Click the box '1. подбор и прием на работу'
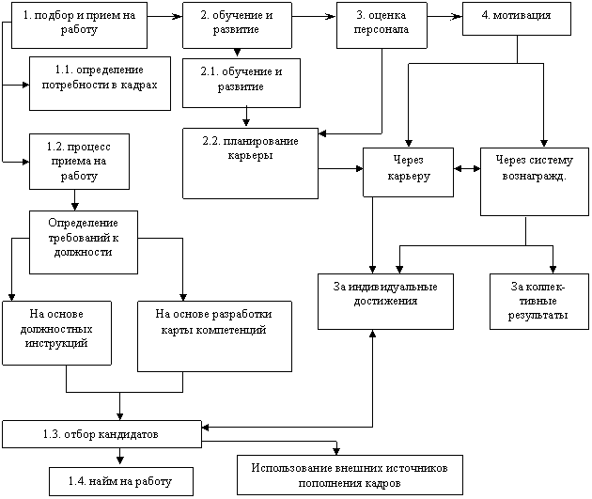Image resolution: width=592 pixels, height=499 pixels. tap(79, 25)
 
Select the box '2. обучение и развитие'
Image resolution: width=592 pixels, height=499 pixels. tap(237, 25)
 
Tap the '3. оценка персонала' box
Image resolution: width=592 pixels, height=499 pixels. tap(382, 25)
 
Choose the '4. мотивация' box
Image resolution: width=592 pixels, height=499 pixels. tap(517, 19)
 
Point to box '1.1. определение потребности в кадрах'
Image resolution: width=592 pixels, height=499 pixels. tap(100, 84)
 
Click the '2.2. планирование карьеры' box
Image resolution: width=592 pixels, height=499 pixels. tap(250, 164)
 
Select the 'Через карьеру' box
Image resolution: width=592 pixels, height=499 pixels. tap(408, 172)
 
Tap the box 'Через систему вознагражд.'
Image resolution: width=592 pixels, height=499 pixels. tap(535, 181)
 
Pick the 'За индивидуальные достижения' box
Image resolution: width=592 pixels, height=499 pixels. tap(385, 302)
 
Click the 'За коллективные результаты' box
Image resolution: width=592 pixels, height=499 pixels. tap(539, 302)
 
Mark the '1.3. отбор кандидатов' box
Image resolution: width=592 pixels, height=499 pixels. tap(101, 434)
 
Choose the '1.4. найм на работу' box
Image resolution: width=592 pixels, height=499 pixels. tap(121, 482)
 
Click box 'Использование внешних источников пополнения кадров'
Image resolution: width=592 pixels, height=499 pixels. tap(350, 475)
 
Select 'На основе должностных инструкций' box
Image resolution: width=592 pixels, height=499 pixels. tap(56, 333)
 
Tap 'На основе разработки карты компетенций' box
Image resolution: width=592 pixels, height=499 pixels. tap(214, 336)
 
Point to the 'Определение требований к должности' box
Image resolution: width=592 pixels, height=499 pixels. tap(84, 242)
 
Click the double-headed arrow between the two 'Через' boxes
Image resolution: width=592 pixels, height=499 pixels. tap(467, 169)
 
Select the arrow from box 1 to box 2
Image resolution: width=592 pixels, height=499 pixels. tap(165, 16)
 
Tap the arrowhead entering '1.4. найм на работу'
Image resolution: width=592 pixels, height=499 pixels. tap(120, 460)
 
